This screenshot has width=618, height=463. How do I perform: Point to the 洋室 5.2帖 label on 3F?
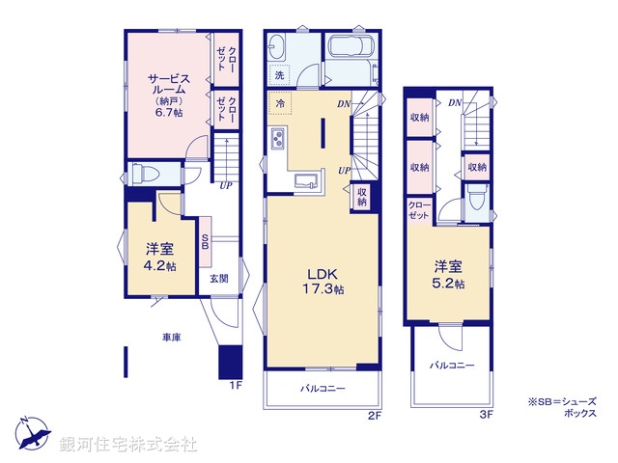pos(448,275)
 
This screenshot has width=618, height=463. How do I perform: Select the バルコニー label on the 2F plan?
pos(323,389)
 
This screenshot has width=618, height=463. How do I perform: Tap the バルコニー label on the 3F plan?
pos(453,366)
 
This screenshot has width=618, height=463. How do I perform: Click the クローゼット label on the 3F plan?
pos(419,211)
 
